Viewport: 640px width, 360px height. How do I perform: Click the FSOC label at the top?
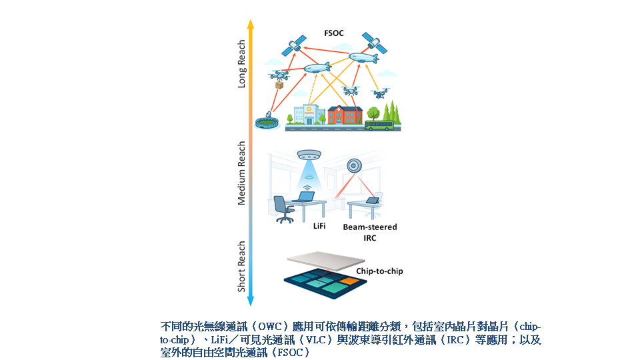(334, 33)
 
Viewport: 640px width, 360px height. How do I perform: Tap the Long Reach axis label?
(241, 64)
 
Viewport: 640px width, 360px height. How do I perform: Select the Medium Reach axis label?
(241, 173)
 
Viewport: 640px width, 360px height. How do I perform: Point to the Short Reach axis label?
(241, 267)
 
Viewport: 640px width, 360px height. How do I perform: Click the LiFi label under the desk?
(319, 226)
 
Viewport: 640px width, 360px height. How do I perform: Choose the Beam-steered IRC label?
(370, 232)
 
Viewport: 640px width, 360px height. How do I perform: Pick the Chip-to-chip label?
(379, 271)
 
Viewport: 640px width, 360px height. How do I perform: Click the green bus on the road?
(379, 125)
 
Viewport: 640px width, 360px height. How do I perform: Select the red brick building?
(345, 115)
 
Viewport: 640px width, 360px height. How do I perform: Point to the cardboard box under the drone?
(279, 85)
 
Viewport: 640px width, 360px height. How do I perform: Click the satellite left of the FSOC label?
(294, 45)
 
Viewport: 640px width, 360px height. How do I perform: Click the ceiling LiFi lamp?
(309, 155)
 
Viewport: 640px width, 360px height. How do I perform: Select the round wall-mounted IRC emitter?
(354, 166)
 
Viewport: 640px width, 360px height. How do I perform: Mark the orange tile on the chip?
(349, 281)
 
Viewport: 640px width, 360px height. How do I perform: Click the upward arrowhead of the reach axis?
(251, 24)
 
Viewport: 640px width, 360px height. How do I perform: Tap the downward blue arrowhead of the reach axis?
(251, 301)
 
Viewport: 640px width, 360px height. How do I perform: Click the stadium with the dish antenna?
(267, 121)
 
